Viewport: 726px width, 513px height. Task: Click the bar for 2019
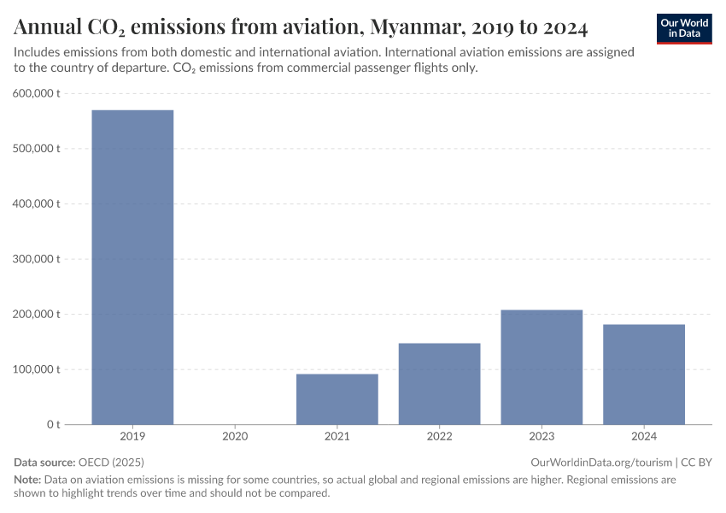[x=132, y=267]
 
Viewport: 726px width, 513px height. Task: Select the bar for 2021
[x=337, y=398]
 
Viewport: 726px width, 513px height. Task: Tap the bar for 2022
[x=439, y=383]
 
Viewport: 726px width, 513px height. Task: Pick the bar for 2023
[x=542, y=367]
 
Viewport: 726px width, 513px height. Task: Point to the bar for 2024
[x=644, y=374]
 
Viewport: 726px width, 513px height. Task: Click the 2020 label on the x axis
[x=235, y=437]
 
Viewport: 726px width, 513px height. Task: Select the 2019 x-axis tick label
[x=132, y=437]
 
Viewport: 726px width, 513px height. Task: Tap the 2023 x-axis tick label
[x=542, y=437]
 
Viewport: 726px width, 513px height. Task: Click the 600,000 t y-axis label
[x=37, y=93]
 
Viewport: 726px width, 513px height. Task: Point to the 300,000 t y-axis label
[x=37, y=259]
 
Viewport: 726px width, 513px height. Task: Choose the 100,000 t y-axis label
[x=37, y=369]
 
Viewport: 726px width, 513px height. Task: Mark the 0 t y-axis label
[x=53, y=425]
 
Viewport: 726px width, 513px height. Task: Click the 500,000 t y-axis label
[x=37, y=149]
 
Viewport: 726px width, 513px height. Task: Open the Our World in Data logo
[x=684, y=28]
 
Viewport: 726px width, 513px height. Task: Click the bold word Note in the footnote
[x=27, y=480]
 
